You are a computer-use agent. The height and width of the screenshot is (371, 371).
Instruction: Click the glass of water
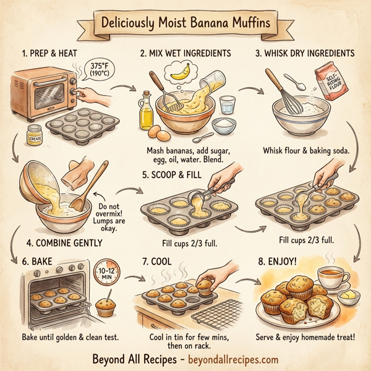(x=228, y=106)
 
